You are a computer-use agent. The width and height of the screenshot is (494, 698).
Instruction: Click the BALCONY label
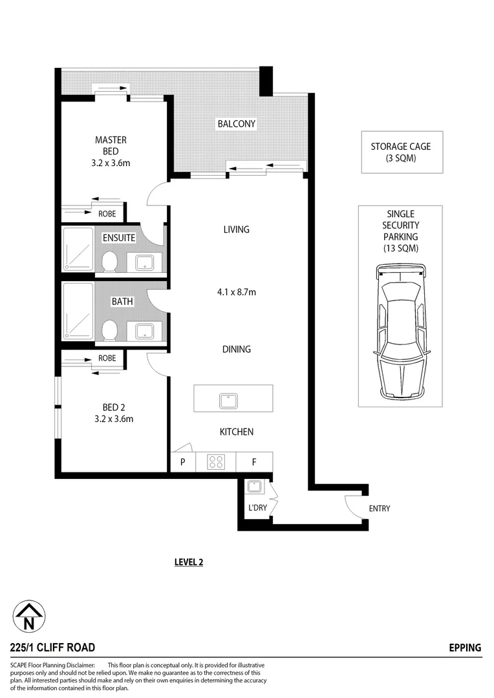pyautogui.click(x=236, y=123)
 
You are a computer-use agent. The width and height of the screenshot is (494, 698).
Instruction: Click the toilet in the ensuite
pyautogui.click(x=109, y=261)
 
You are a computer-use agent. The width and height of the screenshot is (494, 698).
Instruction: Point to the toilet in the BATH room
pyautogui.click(x=109, y=330)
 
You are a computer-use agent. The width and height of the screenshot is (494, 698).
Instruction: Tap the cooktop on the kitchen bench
pyautogui.click(x=215, y=462)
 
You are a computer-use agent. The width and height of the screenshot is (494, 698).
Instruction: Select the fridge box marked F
pyautogui.click(x=254, y=462)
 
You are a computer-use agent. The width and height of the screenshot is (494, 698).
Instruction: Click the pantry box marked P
pyautogui.click(x=183, y=462)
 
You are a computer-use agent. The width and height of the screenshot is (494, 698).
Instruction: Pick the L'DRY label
pyautogui.click(x=257, y=508)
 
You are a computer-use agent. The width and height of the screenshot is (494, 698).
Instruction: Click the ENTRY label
pyautogui.click(x=380, y=509)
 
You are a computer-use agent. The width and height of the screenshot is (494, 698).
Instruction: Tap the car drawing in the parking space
pyautogui.click(x=400, y=331)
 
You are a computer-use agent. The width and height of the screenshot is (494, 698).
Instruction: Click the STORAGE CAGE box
pyautogui.click(x=401, y=153)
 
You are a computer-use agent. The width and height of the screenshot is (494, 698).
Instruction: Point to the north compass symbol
pyautogui.click(x=29, y=617)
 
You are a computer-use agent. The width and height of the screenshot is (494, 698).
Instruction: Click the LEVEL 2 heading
pyautogui.click(x=189, y=562)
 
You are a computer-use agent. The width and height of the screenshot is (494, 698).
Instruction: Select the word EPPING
pyautogui.click(x=465, y=648)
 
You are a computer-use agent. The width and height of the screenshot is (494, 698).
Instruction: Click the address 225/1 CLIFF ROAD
pyautogui.click(x=53, y=648)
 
